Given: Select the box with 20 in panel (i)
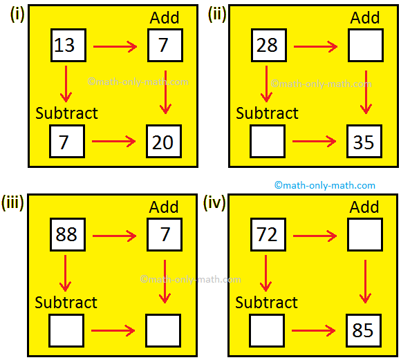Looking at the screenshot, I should [x=163, y=142].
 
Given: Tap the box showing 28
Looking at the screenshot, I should [x=267, y=46].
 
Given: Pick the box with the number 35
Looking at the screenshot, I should [x=364, y=142].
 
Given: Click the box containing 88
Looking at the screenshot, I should [x=66, y=235].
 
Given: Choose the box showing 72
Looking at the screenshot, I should [x=267, y=235].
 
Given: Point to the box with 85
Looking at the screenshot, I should [x=364, y=331].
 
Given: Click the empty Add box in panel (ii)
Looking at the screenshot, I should [x=364, y=46].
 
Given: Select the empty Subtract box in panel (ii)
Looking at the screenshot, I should [x=267, y=142].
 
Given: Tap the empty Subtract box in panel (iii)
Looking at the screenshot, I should [x=66, y=331].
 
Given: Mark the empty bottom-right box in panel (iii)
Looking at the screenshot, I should [x=163, y=331].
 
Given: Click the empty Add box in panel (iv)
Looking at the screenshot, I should [x=364, y=235].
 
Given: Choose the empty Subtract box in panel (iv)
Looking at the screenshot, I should [x=267, y=331].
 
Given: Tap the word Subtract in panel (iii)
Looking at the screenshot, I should [x=66, y=303].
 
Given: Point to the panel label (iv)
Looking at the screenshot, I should [x=214, y=202].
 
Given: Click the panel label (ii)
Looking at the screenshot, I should [x=218, y=14].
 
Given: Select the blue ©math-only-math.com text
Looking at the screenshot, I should [x=325, y=185].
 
